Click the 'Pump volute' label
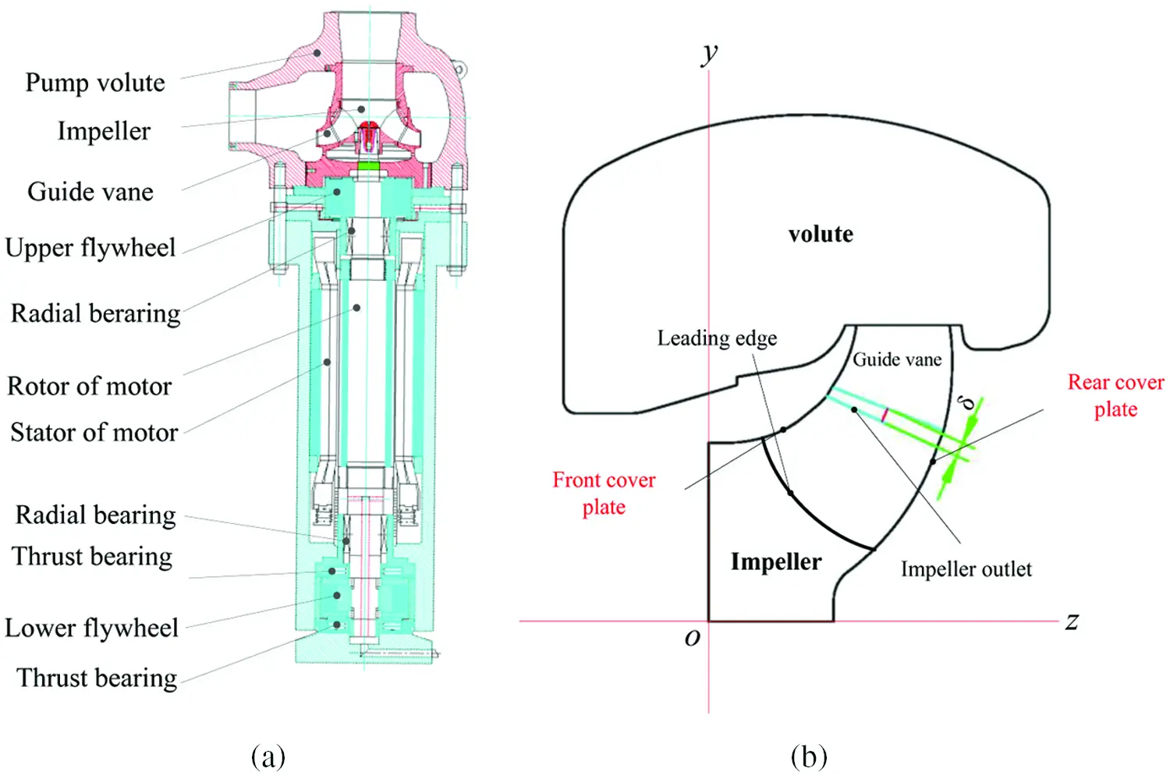pyautogui.click(x=94, y=83)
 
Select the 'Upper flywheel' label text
pyautogui.click(x=90, y=248)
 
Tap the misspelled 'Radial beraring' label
pyautogui.click(x=95, y=313)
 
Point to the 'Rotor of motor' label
pyautogui.click(x=89, y=386)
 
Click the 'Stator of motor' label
pyautogui.click(x=94, y=432)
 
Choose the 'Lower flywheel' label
pyautogui.click(x=91, y=628)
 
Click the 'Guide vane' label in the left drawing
pyautogui.click(x=90, y=192)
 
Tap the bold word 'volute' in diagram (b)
pyautogui.click(x=821, y=234)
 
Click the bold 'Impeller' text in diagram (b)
pyautogui.click(x=775, y=561)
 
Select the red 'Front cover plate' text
pyautogui.click(x=604, y=493)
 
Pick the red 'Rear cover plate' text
pyautogui.click(x=1115, y=395)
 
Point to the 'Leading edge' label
pyautogui.click(x=717, y=338)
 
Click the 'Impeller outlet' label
pyautogui.click(x=966, y=569)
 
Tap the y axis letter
pyautogui.click(x=709, y=53)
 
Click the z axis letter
pyautogui.click(x=1072, y=621)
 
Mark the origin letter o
pyautogui.click(x=692, y=638)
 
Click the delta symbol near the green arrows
pyautogui.click(x=967, y=402)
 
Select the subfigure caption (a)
pyautogui.click(x=268, y=756)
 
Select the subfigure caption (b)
pyautogui.click(x=808, y=756)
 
